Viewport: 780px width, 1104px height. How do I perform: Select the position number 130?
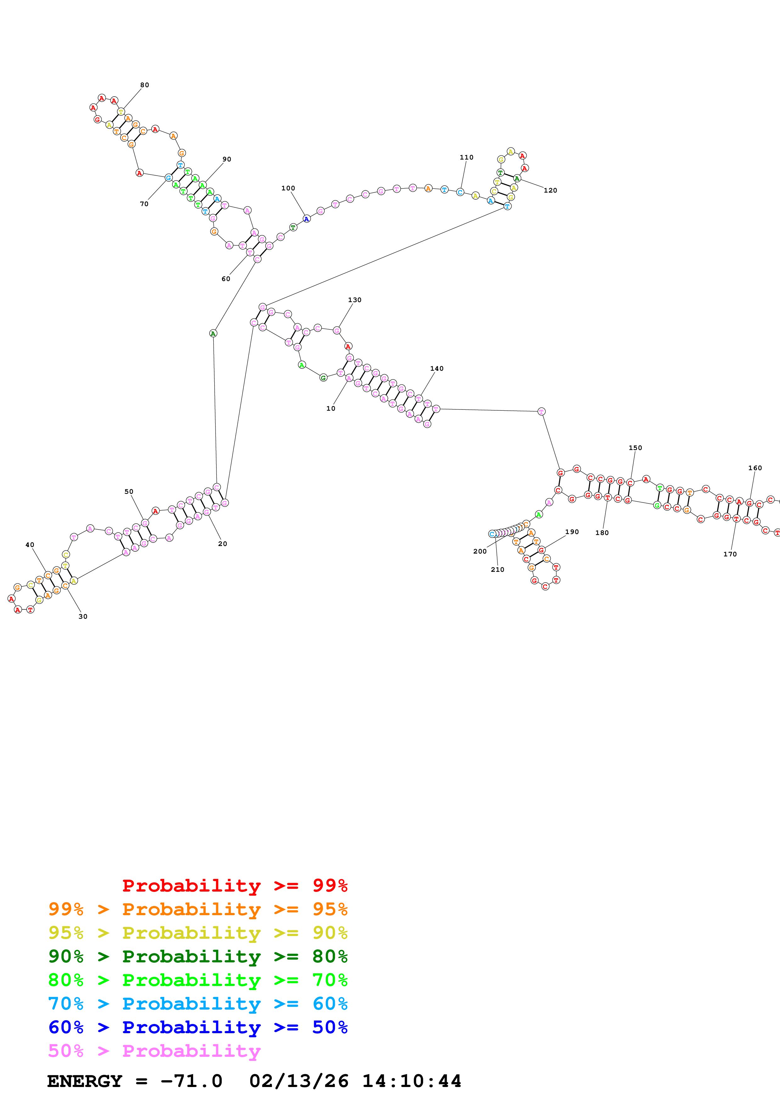click(354, 300)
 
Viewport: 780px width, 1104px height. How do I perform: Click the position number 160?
click(755, 468)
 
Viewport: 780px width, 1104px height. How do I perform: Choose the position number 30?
click(83, 617)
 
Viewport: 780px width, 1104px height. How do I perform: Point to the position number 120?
click(550, 190)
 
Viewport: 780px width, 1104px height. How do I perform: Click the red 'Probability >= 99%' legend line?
click(234, 885)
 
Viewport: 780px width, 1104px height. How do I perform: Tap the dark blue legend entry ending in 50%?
click(198, 1027)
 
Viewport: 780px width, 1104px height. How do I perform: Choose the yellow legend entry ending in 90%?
click(198, 933)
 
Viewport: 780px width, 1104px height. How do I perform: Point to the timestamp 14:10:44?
click(411, 1081)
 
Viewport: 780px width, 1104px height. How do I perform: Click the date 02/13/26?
click(299, 1081)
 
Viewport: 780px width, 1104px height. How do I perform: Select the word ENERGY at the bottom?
click(85, 1081)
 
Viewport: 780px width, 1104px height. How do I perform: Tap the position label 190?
click(571, 532)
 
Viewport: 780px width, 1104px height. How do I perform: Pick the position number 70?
click(144, 204)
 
